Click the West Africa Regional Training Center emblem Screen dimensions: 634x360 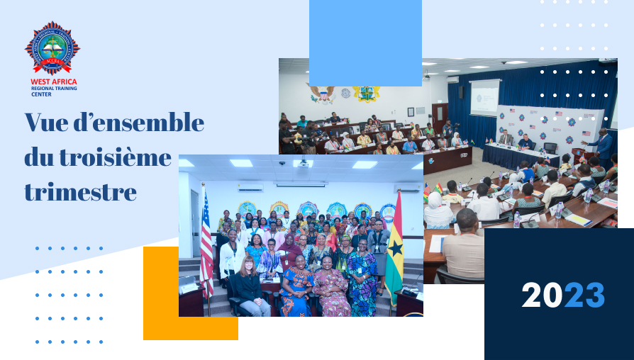pos(52,48)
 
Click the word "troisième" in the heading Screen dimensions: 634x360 pos(115,157)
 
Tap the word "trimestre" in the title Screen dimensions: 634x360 pos(80,192)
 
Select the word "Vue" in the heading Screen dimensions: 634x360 pos(45,123)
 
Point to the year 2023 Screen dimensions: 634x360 pos(563,296)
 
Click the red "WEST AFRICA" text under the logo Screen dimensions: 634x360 pos(54,81)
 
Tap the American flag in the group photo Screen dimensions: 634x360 pos(206,242)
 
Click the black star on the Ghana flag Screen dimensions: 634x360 pos(395,249)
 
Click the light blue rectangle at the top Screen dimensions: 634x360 pos(365,43)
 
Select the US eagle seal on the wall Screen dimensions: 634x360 pos(322,94)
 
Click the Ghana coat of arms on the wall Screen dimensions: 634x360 pos(366,94)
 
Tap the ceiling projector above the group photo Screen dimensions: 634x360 pos(302,164)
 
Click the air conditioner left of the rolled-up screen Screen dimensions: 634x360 pos(250,188)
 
